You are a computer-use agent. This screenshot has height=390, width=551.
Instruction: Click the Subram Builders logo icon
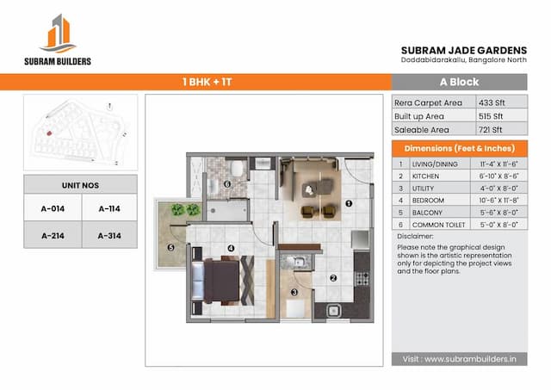(x=58, y=34)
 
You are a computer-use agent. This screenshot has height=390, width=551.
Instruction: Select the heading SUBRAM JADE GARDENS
(x=464, y=50)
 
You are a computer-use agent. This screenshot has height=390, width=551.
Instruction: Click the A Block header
(x=459, y=82)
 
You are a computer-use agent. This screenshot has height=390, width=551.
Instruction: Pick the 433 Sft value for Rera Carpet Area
(x=493, y=102)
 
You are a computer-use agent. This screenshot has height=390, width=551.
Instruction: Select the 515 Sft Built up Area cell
(x=493, y=115)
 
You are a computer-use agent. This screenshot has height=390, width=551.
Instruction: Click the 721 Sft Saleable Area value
(x=493, y=129)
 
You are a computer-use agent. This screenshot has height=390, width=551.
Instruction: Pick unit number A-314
(x=108, y=235)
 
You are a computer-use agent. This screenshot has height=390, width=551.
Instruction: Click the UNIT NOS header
(x=80, y=183)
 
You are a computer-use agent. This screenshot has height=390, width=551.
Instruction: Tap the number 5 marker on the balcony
(x=170, y=249)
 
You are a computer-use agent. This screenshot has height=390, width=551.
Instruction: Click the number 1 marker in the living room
(x=349, y=204)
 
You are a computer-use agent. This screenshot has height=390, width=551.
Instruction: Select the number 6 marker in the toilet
(x=227, y=183)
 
